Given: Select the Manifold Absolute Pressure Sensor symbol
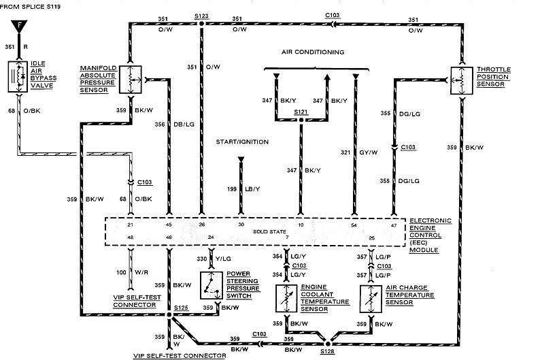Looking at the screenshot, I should pos(130,80).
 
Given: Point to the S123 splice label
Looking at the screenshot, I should pos(201,14).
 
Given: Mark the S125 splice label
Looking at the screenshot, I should pos(180,309).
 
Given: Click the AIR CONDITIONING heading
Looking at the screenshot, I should pos(314,52).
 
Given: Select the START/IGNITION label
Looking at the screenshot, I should pos(242,142).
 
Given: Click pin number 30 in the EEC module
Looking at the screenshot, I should pos(240,225).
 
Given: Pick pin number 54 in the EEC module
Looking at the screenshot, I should pos(354,225).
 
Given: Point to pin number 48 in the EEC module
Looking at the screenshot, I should pos(130,237).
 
